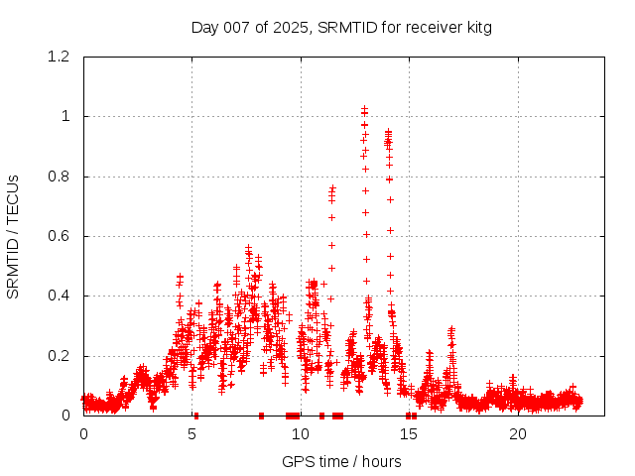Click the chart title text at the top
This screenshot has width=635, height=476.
point(341,27)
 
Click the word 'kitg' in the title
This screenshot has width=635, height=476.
point(475,27)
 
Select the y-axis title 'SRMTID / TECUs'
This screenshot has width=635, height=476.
point(13,236)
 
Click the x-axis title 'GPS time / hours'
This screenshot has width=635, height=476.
point(341,461)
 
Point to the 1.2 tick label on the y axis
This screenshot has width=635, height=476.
point(58,57)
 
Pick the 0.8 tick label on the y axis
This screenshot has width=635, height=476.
point(58,177)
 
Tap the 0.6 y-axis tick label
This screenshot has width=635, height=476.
point(58,236)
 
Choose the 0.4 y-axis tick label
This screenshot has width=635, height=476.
point(58,296)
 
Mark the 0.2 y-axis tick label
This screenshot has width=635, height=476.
point(58,356)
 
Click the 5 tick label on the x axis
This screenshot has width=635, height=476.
point(191,434)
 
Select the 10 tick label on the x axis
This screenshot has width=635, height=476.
point(301,434)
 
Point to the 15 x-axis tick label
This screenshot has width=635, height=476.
point(410,434)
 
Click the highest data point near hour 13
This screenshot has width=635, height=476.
point(364,107)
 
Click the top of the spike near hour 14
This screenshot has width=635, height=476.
point(388,131)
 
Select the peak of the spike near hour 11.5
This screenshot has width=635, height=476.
point(332,186)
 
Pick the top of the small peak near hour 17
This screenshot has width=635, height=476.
point(451,328)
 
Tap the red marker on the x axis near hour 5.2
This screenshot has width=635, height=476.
point(196,416)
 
